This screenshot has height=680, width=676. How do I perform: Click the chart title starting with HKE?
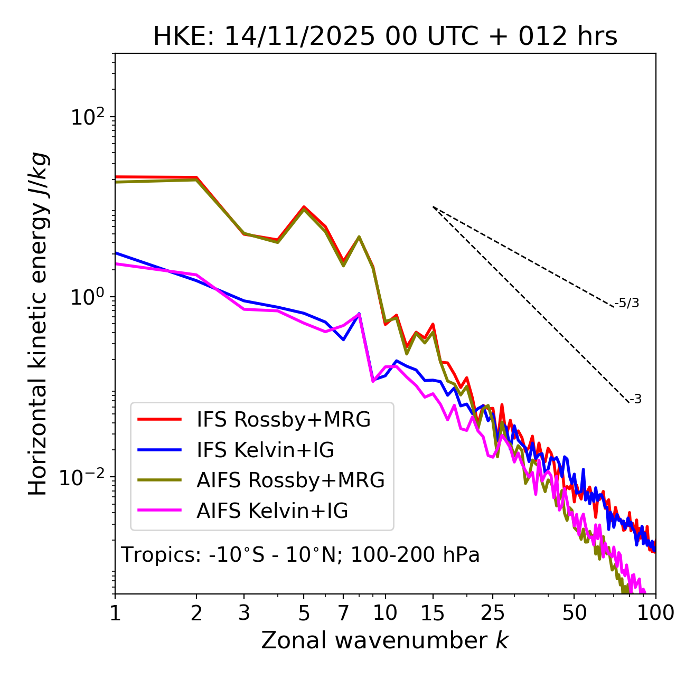click(x=385, y=37)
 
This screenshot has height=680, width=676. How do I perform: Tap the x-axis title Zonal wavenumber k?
click(x=385, y=640)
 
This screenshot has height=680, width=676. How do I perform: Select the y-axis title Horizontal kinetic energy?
click(x=38, y=324)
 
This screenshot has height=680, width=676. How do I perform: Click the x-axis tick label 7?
click(x=343, y=613)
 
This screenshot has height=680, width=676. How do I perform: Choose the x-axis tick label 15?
click(x=433, y=613)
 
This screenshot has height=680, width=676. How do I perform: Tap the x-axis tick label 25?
click(x=493, y=613)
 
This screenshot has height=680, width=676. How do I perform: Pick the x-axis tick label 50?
click(x=574, y=613)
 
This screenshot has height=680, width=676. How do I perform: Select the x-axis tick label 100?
click(x=655, y=613)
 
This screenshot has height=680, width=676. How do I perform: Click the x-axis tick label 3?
click(x=244, y=613)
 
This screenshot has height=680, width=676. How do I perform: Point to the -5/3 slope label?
click(x=627, y=303)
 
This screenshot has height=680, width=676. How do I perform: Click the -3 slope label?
click(x=635, y=399)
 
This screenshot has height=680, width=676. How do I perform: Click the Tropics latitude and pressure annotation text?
click(x=301, y=555)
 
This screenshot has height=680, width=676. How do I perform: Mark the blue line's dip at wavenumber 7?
click(x=343, y=339)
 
